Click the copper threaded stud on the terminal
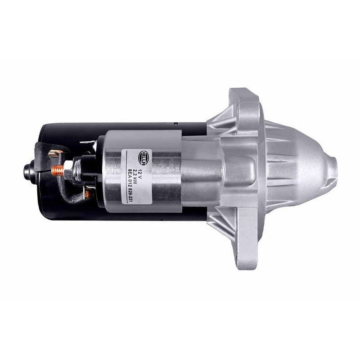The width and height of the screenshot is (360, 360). (57, 171)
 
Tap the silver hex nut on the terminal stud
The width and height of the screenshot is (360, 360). (68, 170)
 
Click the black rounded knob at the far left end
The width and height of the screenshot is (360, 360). (29, 171)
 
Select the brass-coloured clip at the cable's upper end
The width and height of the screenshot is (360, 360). (55, 153)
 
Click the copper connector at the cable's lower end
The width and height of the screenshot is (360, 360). (88, 194)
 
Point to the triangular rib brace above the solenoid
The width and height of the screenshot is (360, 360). (220, 119)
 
